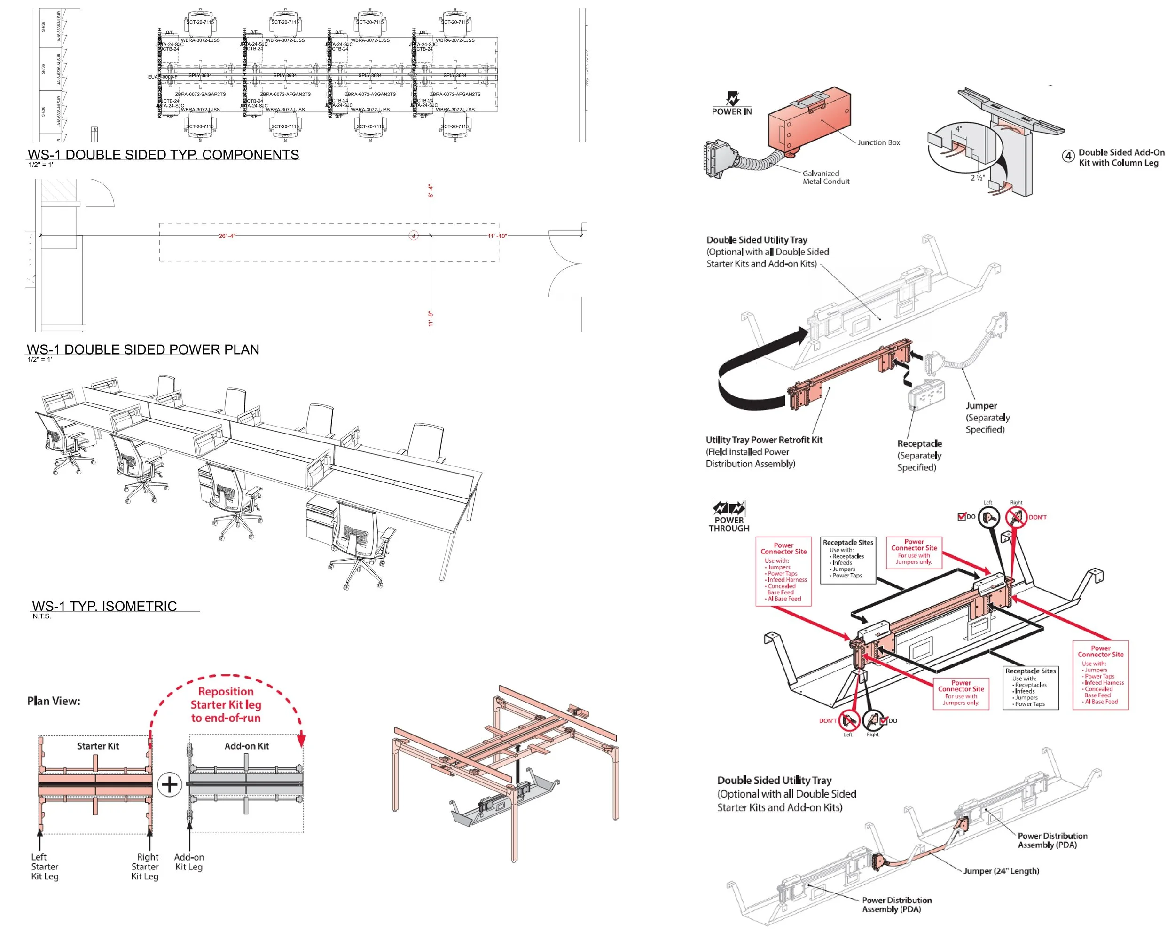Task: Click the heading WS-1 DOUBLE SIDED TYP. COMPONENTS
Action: tap(163, 155)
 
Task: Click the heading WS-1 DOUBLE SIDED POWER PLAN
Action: tap(143, 349)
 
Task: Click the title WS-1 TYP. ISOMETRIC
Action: tap(104, 606)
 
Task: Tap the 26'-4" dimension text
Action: tap(227, 236)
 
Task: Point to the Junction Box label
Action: tap(878, 143)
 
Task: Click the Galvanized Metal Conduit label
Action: tap(826, 177)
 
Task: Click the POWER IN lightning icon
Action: tap(732, 99)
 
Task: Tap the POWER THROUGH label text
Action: tap(728, 524)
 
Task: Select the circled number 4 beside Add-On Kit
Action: tap(1068, 157)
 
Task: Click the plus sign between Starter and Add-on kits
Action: tap(170, 785)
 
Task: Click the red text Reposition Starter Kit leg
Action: tap(226, 704)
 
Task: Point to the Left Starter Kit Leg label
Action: tap(45, 866)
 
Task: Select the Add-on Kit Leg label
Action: tap(188, 862)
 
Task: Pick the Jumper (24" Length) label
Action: tap(1001, 871)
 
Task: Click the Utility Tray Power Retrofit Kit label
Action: tap(764, 440)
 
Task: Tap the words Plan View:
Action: tap(54, 701)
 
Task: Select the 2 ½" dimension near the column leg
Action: tap(978, 178)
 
